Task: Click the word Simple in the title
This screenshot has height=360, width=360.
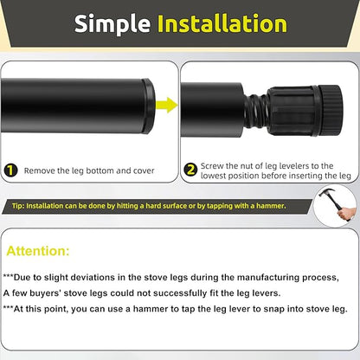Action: pyautogui.click(x=114, y=24)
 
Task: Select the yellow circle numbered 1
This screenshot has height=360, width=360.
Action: pyautogui.click(x=12, y=172)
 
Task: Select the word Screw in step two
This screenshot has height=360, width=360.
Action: pyautogui.click(x=212, y=166)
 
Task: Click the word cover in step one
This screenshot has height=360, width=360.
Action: pyautogui.click(x=143, y=171)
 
